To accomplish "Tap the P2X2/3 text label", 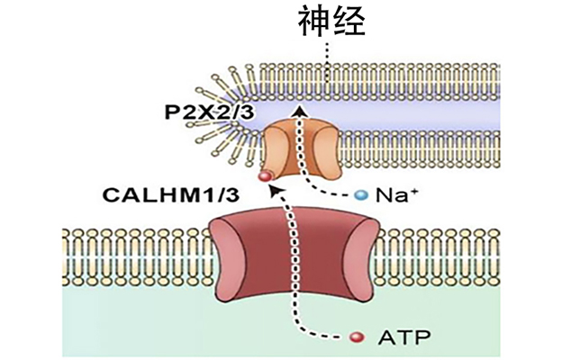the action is click(209, 112).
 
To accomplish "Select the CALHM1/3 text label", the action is click(171, 195).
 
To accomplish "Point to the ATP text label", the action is click(403, 337).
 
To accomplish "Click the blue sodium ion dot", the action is click(361, 195).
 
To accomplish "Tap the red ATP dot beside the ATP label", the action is click(358, 337).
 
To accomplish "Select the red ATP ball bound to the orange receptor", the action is click(265, 176).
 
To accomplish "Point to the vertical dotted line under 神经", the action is click(327, 64).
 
